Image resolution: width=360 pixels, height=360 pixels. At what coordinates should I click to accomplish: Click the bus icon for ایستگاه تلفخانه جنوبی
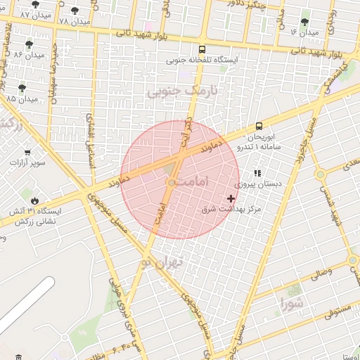tap(202, 50)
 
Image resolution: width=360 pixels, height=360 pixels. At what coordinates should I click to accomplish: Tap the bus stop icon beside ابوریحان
tap(259, 127)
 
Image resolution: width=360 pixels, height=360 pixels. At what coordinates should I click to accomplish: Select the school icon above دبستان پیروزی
tap(257, 172)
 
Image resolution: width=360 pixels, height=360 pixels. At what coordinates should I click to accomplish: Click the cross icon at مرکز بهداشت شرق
tap(231, 199)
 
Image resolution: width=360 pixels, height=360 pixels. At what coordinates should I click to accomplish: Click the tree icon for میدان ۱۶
tap(304, 22)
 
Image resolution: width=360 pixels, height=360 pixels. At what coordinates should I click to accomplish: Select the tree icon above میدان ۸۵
tap(22, 89)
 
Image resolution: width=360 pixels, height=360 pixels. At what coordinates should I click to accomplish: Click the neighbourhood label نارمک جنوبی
tap(182, 91)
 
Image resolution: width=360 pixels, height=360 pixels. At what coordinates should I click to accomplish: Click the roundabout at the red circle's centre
tap(171, 183)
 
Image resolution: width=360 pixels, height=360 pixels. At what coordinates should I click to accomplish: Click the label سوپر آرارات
tap(27, 163)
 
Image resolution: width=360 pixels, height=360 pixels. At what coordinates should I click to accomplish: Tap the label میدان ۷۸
tap(75, 22)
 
